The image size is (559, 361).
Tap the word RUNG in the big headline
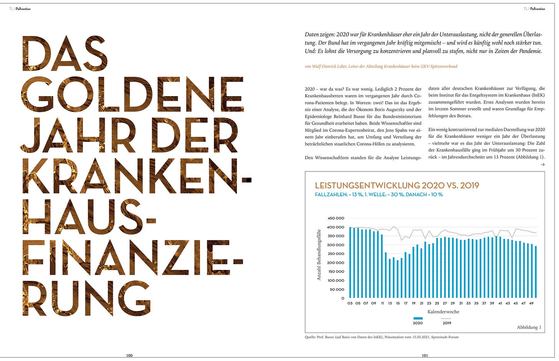[87, 299]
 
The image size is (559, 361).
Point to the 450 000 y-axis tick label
[336, 218]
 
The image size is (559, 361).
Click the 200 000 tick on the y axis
[336, 263]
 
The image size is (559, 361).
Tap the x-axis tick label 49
[532, 303]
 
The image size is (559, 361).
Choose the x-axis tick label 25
[437, 303]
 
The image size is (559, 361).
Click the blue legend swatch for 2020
[418, 318]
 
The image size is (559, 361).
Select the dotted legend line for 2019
[447, 318]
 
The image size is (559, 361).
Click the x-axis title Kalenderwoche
[443, 312]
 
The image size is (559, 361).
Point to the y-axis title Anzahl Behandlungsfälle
[319, 255]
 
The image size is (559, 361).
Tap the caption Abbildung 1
[529, 328]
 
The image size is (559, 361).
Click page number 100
[129, 356]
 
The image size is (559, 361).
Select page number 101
[425, 356]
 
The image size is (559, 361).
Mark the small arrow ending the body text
[542, 165]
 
